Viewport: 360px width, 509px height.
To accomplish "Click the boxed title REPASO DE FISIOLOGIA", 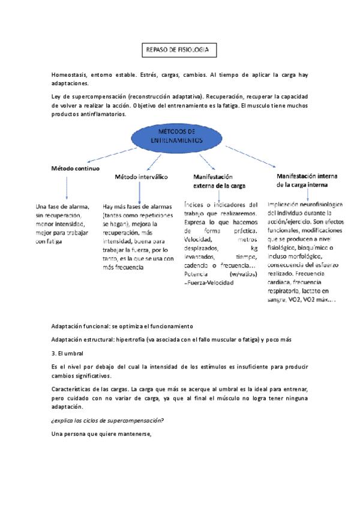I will click(177, 51).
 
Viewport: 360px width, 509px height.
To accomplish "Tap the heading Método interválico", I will click(141, 177).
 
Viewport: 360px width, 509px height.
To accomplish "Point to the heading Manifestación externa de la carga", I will click(219, 181).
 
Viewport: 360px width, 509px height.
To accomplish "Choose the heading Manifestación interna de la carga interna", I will click(307, 180).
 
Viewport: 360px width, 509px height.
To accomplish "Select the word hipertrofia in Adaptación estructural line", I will click(134, 340).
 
